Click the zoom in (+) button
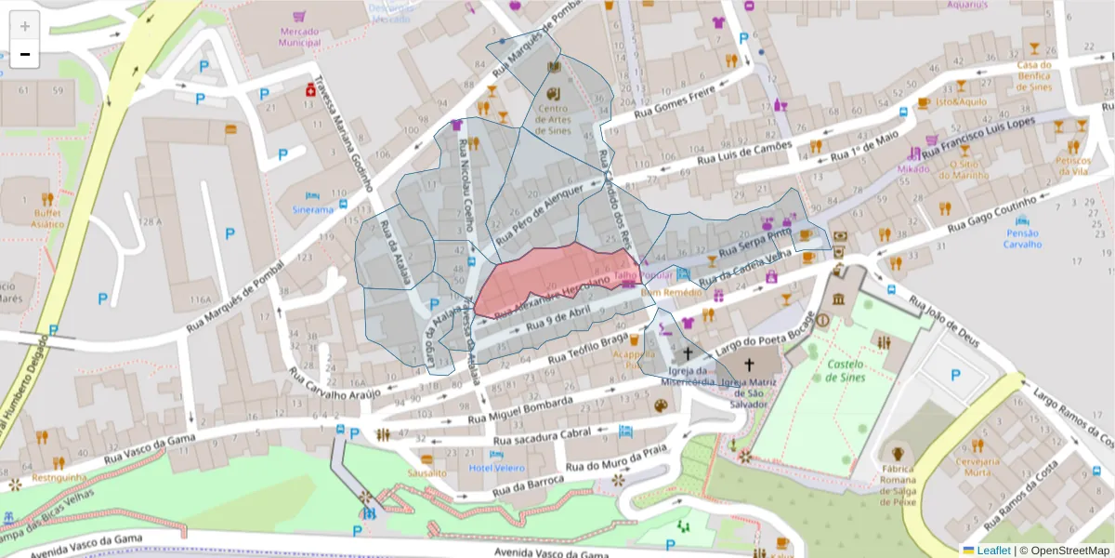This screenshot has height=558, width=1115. (25, 26)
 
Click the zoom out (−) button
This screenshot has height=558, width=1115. (25, 55)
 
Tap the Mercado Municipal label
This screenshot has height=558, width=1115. (299, 36)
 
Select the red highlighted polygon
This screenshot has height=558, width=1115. (557, 274)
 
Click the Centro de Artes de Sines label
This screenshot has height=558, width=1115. (554, 118)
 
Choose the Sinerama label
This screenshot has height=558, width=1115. (312, 209)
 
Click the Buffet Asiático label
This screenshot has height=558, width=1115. (46, 218)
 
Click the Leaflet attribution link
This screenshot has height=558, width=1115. (992, 551)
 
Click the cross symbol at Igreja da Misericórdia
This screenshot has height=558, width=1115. (689, 353)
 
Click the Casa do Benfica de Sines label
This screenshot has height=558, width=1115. (1033, 75)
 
